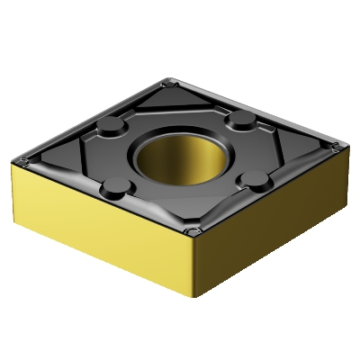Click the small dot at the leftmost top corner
(x=24, y=162)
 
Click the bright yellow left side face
(x=99, y=225)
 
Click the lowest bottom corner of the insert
(x=191, y=307)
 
